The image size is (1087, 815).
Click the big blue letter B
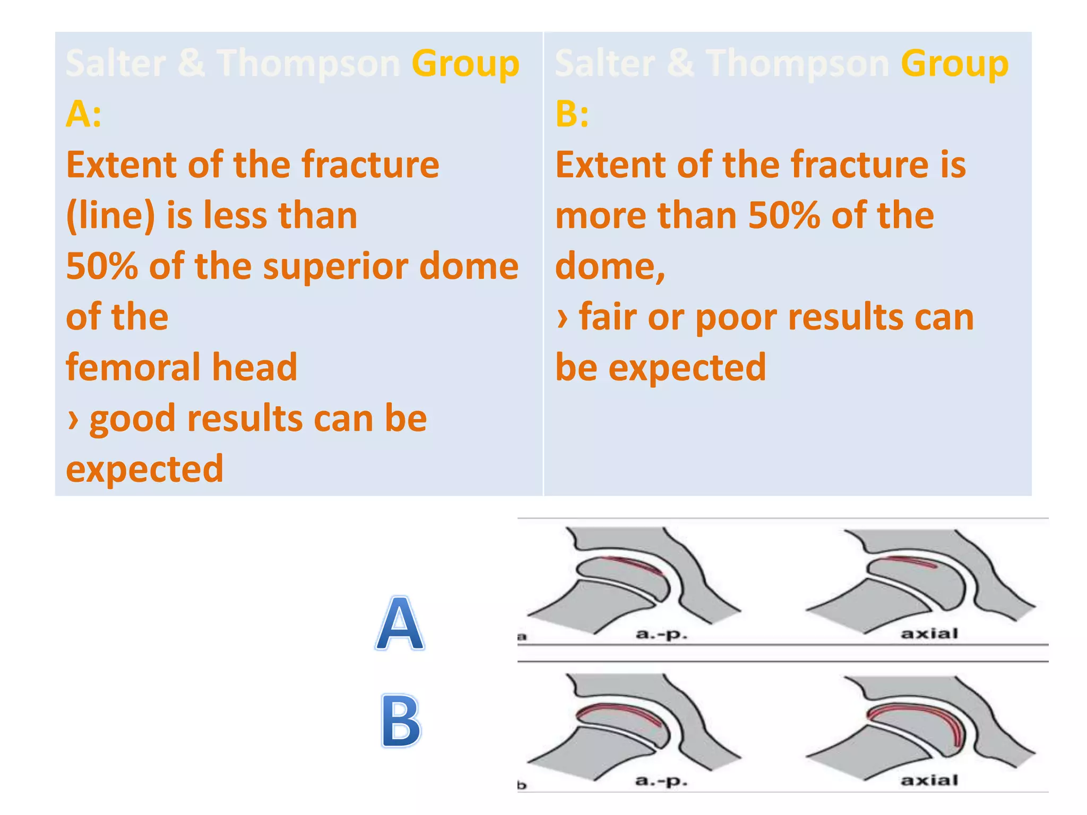pos(401,721)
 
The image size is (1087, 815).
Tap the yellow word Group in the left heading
pos(465,64)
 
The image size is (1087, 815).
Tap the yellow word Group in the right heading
pos(954,64)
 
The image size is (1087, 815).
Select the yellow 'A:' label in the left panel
pos(83,114)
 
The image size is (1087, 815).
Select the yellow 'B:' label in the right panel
pos(572,114)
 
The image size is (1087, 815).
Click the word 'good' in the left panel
pos(132,419)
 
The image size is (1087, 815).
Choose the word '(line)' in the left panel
pos(110,216)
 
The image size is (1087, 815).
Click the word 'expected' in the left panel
pos(144,469)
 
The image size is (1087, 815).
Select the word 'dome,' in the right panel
pos(610,266)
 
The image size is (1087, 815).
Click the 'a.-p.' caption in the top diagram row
pos(661,634)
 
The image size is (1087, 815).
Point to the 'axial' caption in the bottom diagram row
pos(929,780)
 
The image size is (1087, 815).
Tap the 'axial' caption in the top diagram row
pos(929,633)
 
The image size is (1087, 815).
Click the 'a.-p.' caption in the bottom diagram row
pos(661,781)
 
